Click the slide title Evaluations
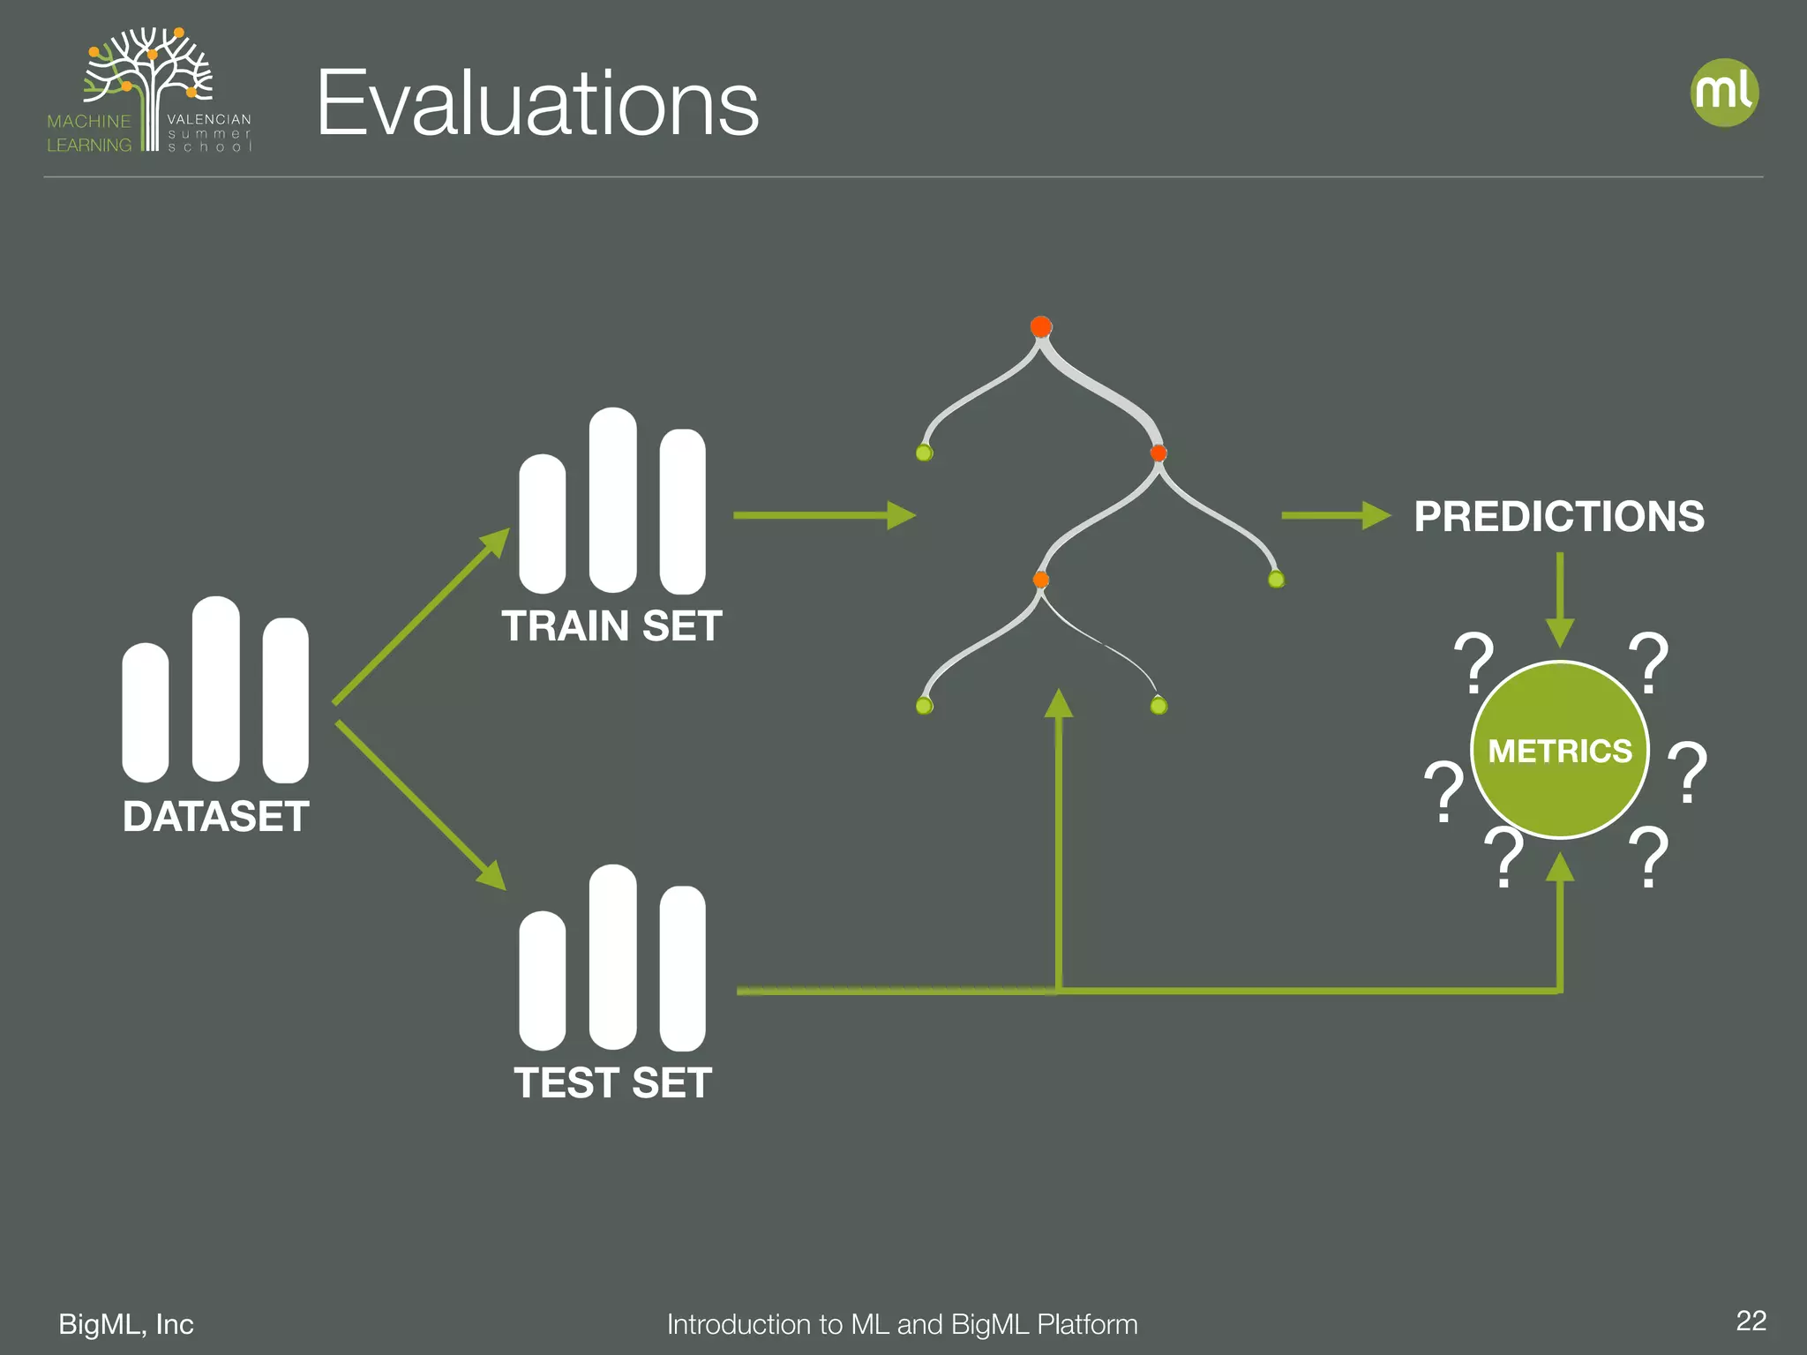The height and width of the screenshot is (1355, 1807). tap(537, 104)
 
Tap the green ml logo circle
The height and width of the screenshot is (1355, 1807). tap(1724, 93)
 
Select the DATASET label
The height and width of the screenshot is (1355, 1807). tap(215, 817)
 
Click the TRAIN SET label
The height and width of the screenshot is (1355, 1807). tap(611, 626)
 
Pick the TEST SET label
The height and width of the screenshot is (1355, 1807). tap(612, 1083)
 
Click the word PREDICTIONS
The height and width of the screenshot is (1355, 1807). tap(1558, 517)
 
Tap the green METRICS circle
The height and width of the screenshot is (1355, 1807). tap(1559, 750)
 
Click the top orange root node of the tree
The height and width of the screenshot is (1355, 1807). tap(1041, 327)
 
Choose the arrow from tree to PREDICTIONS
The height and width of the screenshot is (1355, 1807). tap(1334, 515)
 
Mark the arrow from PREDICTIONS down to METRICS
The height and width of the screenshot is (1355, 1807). tap(1560, 600)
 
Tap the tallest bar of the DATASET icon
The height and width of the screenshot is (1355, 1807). tap(215, 688)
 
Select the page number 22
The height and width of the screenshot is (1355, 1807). tap(1751, 1321)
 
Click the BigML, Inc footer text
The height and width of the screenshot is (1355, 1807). tap(126, 1324)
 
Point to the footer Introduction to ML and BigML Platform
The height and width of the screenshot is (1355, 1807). tap(902, 1324)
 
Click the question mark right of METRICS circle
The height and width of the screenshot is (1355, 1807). tap(1687, 772)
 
